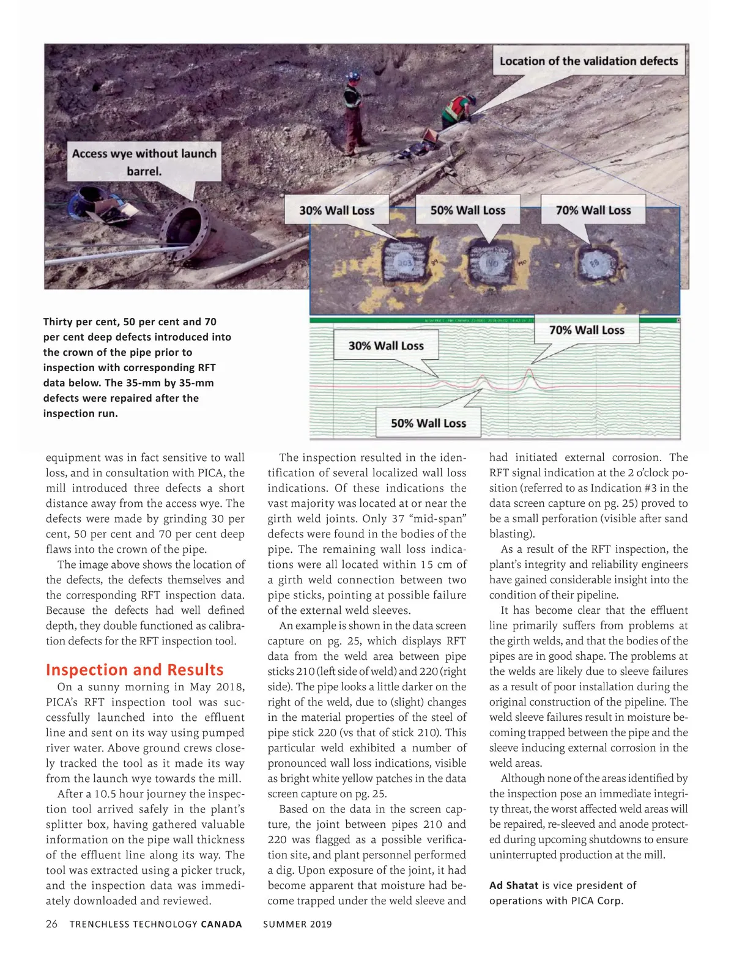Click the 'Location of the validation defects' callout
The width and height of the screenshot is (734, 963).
(x=588, y=61)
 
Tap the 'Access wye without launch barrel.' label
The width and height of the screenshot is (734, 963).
(x=144, y=162)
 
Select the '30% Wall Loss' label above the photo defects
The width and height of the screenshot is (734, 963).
(x=336, y=210)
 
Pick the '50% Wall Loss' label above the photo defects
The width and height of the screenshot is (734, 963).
(x=468, y=210)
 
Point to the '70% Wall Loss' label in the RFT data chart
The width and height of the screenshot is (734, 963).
(x=587, y=330)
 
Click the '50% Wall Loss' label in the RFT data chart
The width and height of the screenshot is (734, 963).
(x=428, y=423)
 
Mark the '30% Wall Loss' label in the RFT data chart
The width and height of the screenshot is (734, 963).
(x=386, y=345)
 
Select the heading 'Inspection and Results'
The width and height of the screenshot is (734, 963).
(x=135, y=670)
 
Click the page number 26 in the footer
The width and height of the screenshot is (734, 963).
(x=52, y=924)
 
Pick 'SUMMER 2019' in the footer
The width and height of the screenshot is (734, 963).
(x=297, y=924)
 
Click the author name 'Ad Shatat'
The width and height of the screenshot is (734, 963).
(x=514, y=885)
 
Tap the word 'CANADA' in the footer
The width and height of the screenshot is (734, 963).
(x=221, y=924)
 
